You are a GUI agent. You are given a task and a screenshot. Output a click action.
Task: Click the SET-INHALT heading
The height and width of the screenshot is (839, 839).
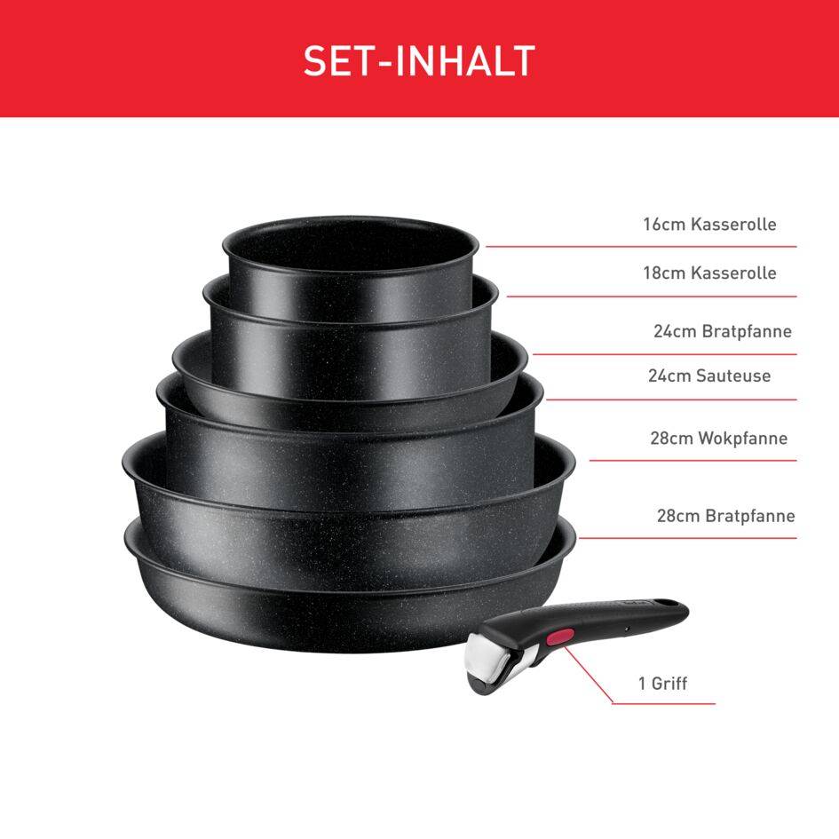(x=419, y=60)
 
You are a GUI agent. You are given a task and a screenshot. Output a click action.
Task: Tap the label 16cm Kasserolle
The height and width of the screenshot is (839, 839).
(x=709, y=225)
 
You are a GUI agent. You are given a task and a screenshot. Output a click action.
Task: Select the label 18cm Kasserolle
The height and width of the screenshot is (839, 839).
(x=709, y=273)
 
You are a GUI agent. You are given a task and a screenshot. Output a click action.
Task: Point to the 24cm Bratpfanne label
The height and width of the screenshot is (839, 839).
(x=722, y=332)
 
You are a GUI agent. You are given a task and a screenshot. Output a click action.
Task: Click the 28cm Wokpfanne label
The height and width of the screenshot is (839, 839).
(x=718, y=439)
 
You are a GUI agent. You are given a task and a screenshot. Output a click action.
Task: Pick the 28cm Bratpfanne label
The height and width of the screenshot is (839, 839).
(x=725, y=516)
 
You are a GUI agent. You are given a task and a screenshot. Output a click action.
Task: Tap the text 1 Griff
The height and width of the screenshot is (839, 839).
(x=662, y=684)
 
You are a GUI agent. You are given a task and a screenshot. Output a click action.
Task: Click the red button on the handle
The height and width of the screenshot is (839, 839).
(x=560, y=636)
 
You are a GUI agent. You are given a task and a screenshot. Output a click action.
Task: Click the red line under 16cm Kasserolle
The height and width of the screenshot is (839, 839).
(x=639, y=246)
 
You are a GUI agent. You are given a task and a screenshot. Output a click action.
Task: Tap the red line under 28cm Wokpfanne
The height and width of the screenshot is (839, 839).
(x=693, y=460)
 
